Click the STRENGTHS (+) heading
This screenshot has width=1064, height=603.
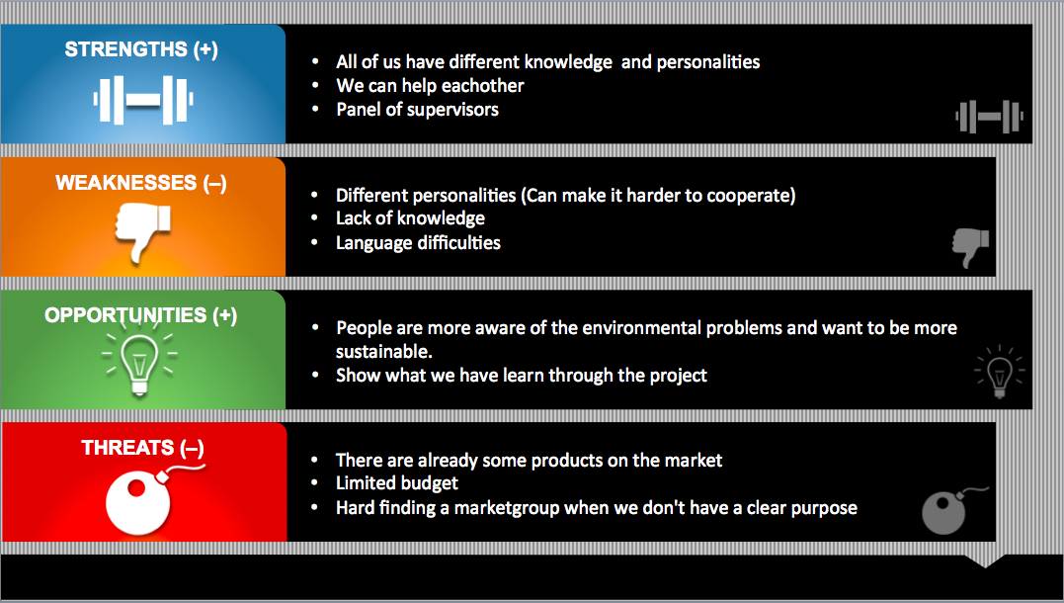point(141,49)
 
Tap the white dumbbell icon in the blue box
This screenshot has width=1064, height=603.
point(143,100)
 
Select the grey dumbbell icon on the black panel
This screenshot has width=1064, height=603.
point(989,116)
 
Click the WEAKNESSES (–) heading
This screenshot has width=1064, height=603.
point(141,183)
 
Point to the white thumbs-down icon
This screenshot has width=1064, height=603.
point(142,233)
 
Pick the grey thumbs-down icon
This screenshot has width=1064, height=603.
point(970,247)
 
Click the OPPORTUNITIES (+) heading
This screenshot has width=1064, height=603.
point(141,315)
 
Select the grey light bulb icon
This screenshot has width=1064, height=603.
point(1000,372)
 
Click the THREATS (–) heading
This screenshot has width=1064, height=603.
point(142,448)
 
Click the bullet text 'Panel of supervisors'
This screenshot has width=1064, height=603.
point(417,110)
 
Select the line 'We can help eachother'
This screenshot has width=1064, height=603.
point(430,86)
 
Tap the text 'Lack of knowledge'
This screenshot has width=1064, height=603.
point(411,218)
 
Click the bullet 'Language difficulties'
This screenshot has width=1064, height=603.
point(418,242)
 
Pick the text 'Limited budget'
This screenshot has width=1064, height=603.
point(397,482)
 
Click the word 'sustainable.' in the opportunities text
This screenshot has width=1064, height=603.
point(384,352)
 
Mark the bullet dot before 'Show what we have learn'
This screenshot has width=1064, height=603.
point(315,375)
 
